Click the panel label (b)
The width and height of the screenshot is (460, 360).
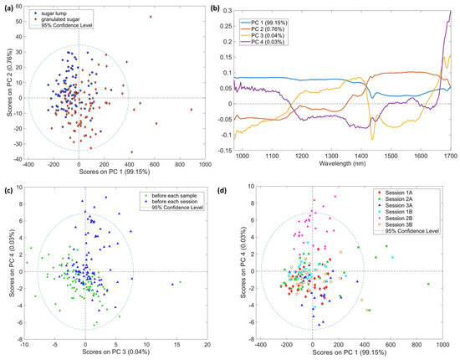[239, 7]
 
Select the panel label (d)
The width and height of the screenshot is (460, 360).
[239, 187]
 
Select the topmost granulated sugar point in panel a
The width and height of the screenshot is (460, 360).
[151, 17]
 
